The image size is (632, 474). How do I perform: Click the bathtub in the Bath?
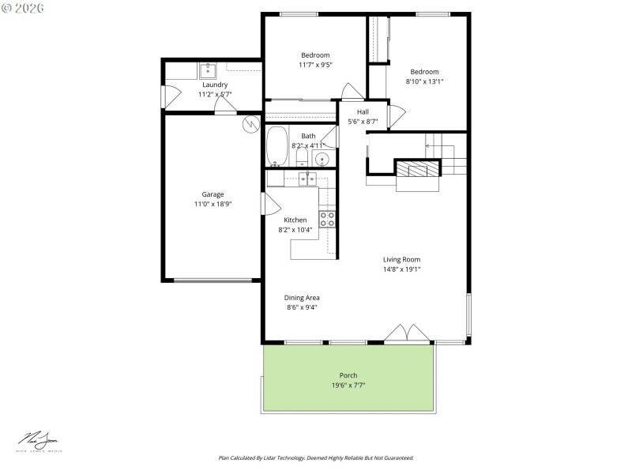pyautogui.click(x=276, y=146)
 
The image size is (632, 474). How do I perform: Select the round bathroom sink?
pyautogui.click(x=322, y=159)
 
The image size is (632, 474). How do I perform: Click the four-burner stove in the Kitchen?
pyautogui.click(x=327, y=219)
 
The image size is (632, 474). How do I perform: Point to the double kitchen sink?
pyautogui.click(x=308, y=179)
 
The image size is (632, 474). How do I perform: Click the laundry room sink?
pyautogui.click(x=209, y=70)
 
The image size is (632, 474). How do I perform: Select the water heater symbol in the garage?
pyautogui.click(x=250, y=124)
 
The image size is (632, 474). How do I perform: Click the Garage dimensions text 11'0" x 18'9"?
pyautogui.click(x=213, y=204)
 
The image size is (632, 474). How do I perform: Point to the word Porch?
pyautogui.click(x=348, y=375)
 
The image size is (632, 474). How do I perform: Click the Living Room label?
pyautogui.click(x=401, y=259)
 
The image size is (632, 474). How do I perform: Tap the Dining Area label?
pyautogui.click(x=302, y=298)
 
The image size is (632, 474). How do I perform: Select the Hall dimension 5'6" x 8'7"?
pyautogui.click(x=363, y=122)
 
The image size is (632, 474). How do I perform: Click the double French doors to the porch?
pyautogui.click(x=407, y=333)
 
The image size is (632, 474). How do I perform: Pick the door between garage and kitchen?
pyautogui.click(x=264, y=203)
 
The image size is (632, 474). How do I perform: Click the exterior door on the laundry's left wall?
pyautogui.click(x=164, y=96)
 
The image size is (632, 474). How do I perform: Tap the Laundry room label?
pyautogui.click(x=215, y=85)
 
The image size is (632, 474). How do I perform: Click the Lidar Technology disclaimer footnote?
pyautogui.click(x=316, y=457)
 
